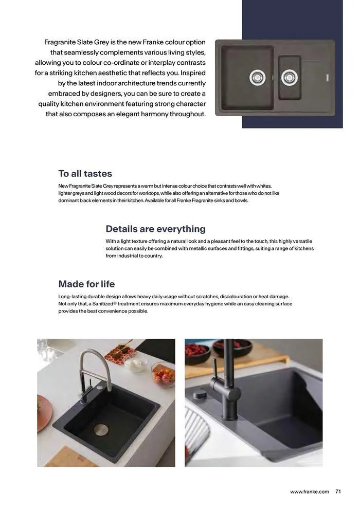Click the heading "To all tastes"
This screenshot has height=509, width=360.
85,174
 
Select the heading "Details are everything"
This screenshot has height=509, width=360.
155,229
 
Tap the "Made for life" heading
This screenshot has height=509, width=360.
86,284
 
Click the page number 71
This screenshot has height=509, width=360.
338,492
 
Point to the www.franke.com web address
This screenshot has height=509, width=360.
309,492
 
